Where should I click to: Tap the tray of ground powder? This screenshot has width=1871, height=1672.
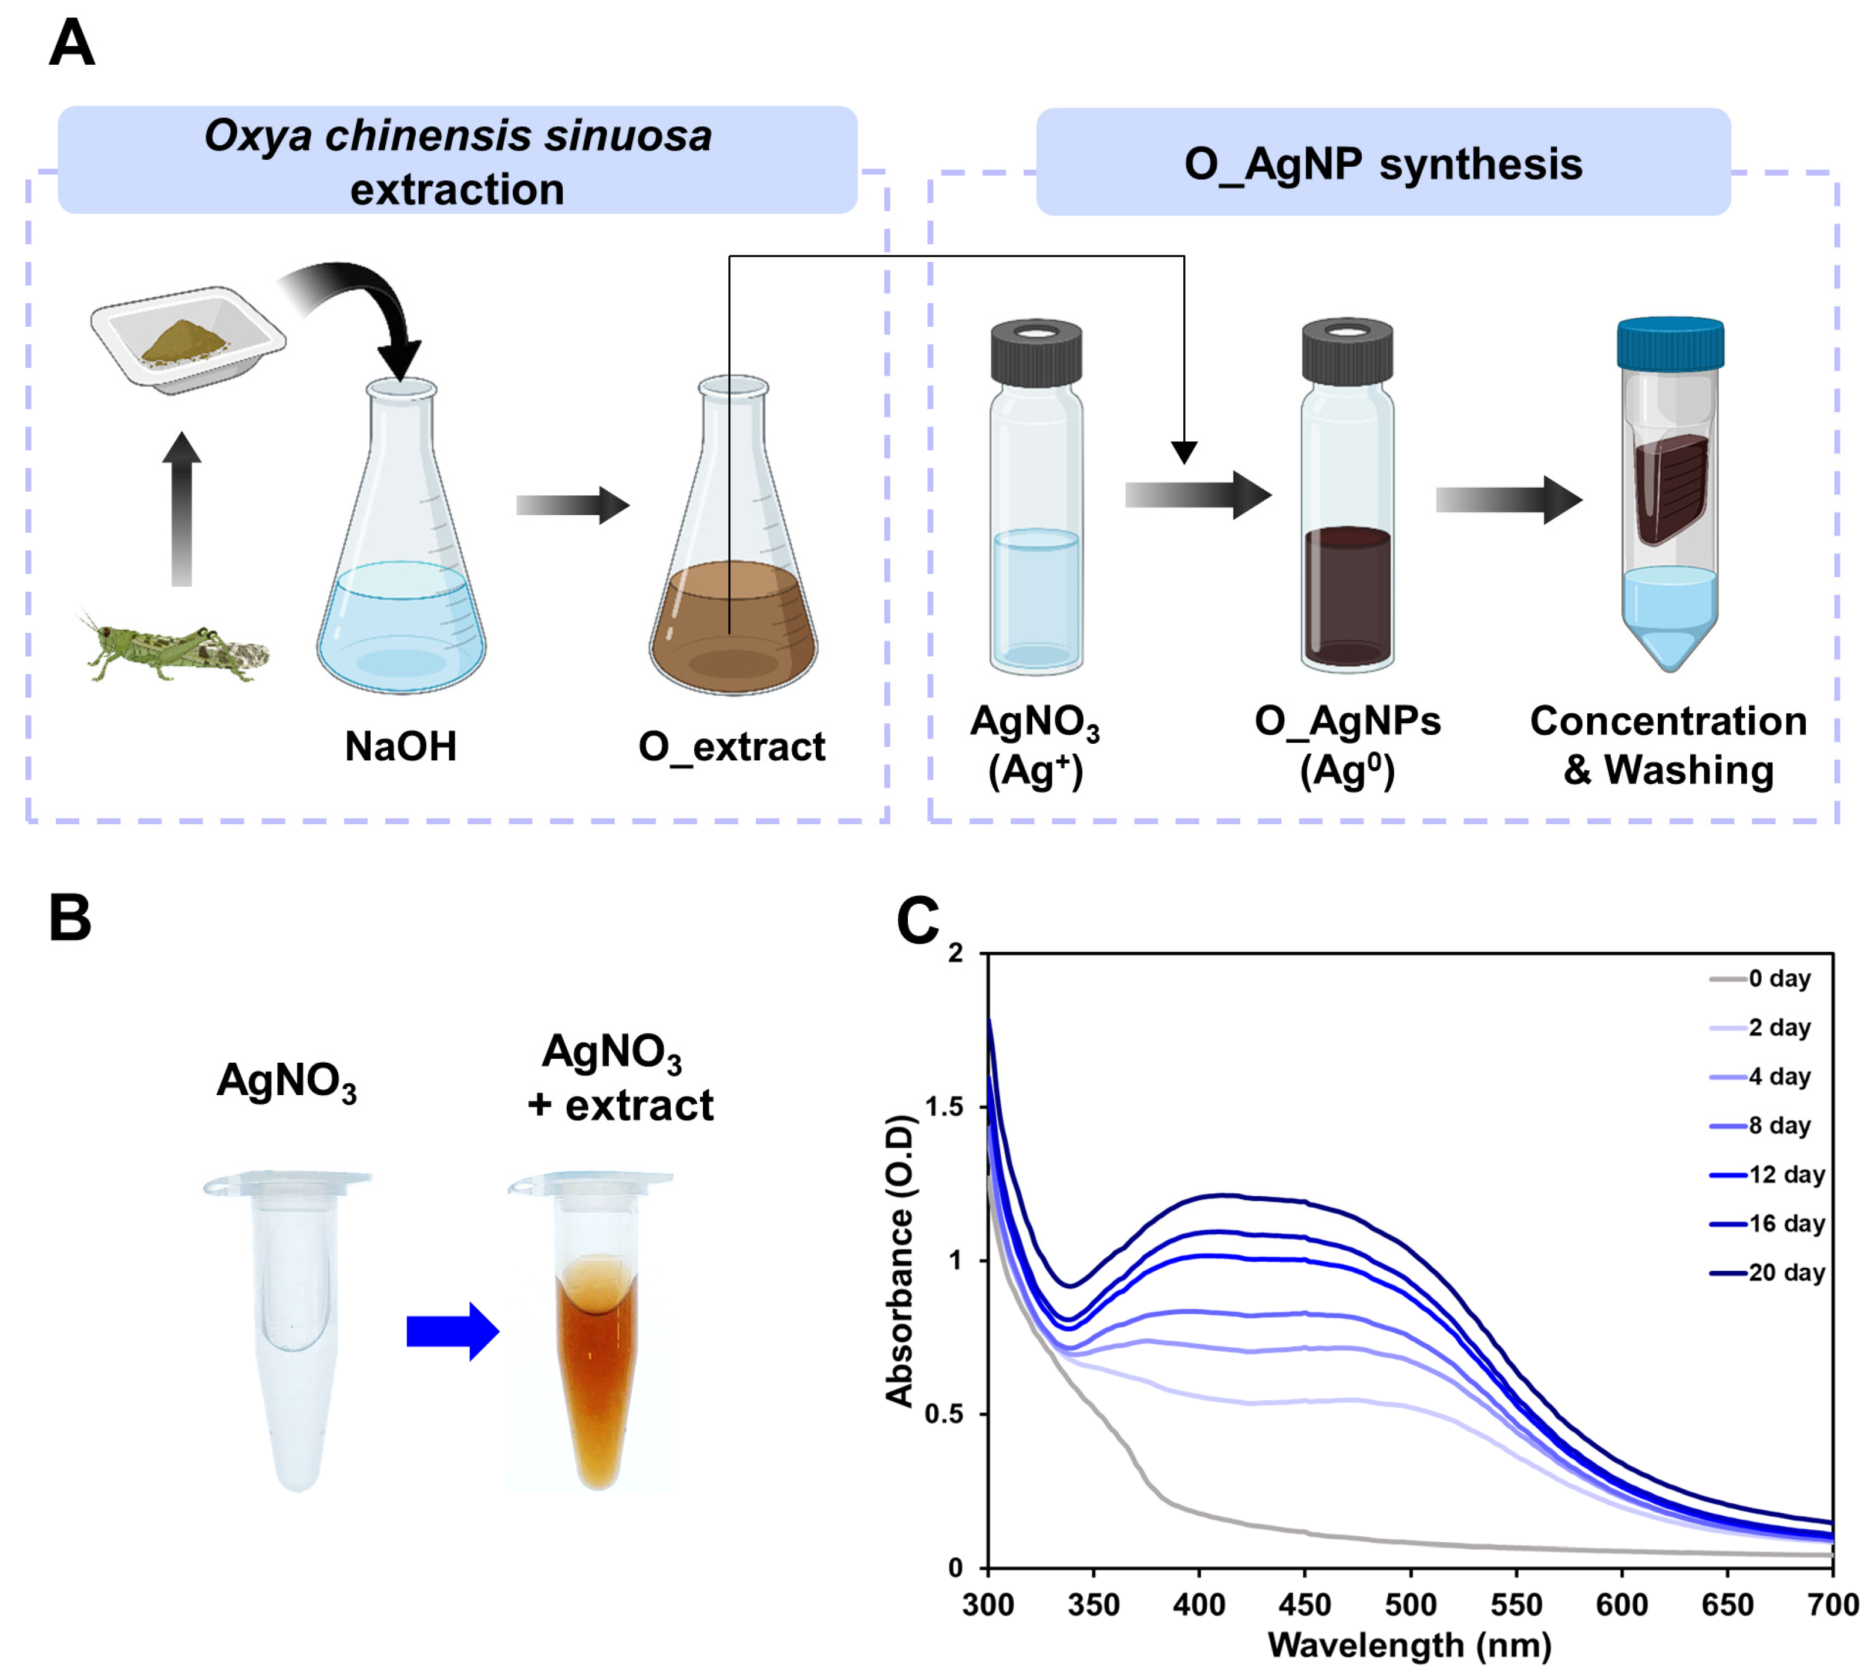click(x=189, y=340)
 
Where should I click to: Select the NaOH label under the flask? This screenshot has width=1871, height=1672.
click(x=401, y=746)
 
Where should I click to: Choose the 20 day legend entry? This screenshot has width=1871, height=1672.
click(x=1783, y=1273)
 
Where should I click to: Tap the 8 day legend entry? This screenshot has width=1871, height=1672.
click(x=1777, y=1126)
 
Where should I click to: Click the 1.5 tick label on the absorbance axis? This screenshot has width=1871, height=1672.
click(x=943, y=1107)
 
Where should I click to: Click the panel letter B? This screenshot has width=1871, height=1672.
click(x=70, y=919)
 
